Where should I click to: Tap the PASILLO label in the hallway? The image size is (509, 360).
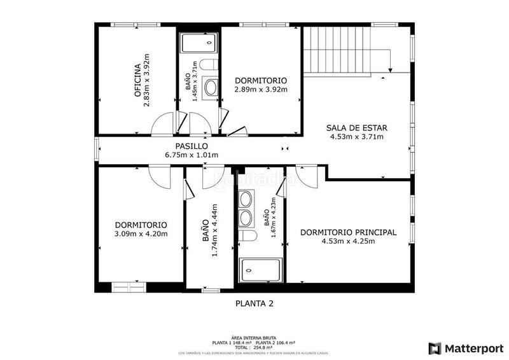192,146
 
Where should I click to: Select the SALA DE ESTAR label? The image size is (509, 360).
357,127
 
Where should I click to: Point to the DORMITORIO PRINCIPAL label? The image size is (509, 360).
348,232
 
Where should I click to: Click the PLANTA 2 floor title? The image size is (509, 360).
254,303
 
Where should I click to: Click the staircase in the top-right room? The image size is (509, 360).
337,50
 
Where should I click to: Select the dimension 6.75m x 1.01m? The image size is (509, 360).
192,155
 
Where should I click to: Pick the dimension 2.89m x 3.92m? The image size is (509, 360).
261,90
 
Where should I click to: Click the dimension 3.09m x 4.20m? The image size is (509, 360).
141,234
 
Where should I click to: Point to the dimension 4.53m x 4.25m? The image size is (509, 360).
348,241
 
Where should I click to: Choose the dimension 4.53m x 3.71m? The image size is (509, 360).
357,136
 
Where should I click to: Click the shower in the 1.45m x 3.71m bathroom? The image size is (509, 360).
198,43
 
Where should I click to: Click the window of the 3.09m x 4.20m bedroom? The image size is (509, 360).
129,287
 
